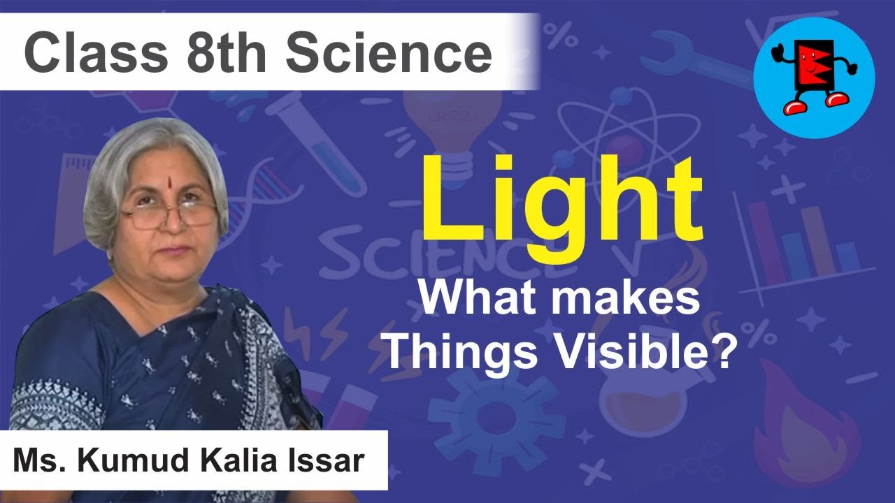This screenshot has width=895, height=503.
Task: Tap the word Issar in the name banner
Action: tap(331, 461)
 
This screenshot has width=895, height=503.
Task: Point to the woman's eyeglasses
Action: tap(168, 215)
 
